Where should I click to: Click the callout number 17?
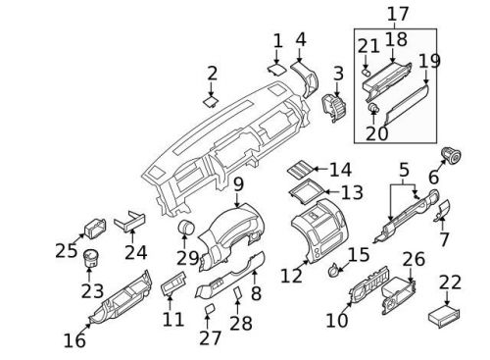coord(397,14)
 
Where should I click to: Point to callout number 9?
coord(238,183)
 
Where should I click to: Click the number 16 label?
coord(73,340)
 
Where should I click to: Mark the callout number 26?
coord(414,260)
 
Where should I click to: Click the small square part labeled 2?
coord(211,99)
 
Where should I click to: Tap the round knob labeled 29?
coord(182,231)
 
